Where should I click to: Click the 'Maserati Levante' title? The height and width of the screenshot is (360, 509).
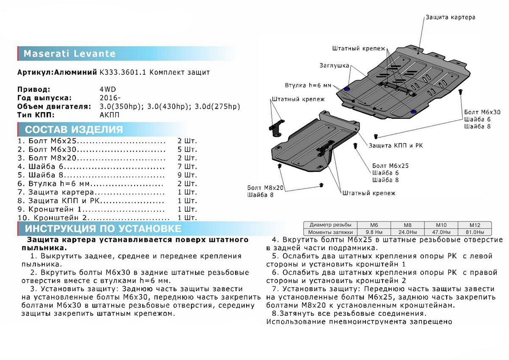click(x=69, y=54)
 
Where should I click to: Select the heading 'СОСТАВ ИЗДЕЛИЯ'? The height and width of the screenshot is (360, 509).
click(x=74, y=129)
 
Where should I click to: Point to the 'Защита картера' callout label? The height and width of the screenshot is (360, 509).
click(x=450, y=17)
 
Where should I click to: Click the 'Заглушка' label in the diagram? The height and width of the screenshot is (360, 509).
click(x=335, y=66)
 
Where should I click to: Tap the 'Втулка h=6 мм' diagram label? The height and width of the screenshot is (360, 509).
click(x=308, y=85)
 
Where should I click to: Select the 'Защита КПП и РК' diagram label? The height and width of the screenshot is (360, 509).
click(x=395, y=146)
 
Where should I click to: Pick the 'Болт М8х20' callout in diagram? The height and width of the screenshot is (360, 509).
click(x=266, y=187)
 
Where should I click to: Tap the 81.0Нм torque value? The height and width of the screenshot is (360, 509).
click(x=474, y=232)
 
